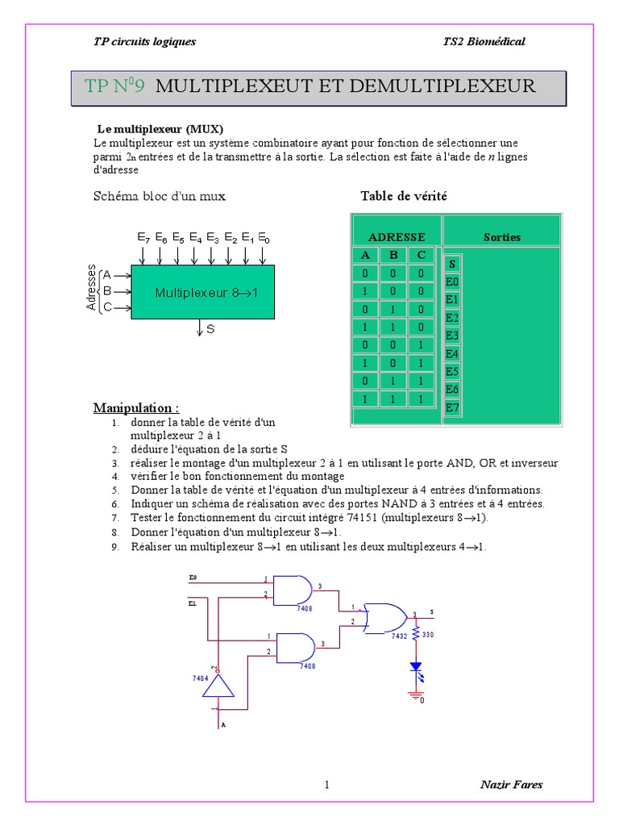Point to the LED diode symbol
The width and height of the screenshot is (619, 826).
pos(416,667)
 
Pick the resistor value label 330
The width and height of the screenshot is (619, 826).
pos(428,636)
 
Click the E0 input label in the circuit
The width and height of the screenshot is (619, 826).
pos(193,578)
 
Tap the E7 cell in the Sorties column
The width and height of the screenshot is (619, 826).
pos(452,407)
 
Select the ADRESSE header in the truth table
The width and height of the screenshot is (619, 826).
pos(397,237)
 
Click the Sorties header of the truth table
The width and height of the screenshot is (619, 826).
pos(502,237)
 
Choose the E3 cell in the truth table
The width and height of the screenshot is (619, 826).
pos(452,336)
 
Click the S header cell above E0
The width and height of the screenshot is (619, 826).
pos(452,264)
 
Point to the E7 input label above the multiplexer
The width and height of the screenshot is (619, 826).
pos(143,239)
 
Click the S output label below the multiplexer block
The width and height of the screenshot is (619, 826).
pos(210,329)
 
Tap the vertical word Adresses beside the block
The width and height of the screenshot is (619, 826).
pos(92,288)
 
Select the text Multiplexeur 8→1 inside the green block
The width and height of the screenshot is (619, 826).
pos(206,293)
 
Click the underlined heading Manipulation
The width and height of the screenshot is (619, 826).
pos(136,407)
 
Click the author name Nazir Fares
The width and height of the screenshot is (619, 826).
pos(511,784)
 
